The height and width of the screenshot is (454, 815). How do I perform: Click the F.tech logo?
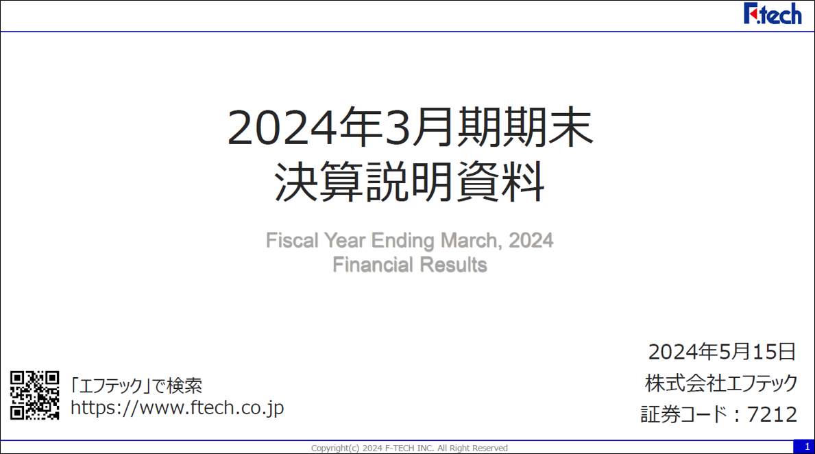773,14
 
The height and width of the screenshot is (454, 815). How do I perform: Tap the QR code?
34,395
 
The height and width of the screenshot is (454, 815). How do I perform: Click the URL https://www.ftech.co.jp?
178,408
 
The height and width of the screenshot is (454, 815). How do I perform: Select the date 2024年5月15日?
722,352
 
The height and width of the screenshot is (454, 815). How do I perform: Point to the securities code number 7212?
773,414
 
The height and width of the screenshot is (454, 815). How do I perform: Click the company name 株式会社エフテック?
722,383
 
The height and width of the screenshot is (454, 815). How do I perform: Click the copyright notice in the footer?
409,448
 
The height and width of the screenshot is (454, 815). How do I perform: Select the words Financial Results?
410,265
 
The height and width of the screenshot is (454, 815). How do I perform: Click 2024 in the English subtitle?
531,240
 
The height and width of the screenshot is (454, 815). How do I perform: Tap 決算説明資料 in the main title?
410,182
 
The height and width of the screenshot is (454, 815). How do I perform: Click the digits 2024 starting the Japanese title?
282,128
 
